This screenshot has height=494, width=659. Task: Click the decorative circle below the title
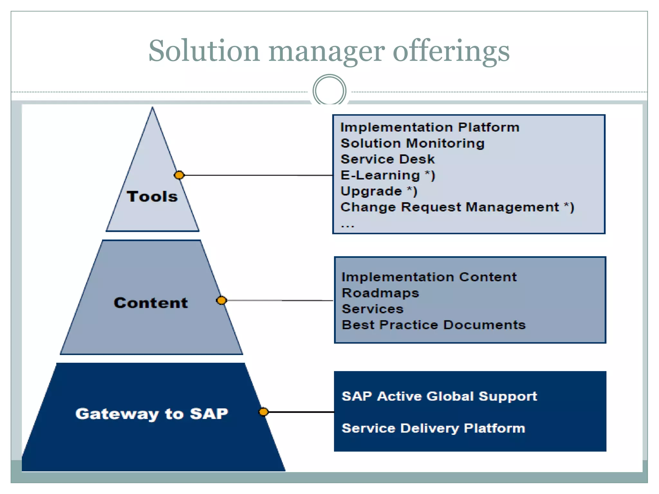(x=329, y=90)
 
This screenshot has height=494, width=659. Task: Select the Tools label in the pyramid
(x=152, y=196)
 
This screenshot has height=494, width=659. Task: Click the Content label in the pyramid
(x=151, y=303)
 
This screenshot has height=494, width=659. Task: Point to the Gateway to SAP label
(x=152, y=414)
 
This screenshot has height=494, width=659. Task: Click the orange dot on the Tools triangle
(x=179, y=175)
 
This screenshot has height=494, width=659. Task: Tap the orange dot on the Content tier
(x=221, y=300)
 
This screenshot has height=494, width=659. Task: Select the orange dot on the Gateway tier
(x=264, y=412)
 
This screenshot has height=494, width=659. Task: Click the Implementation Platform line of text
(x=430, y=127)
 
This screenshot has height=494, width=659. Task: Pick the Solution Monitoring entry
(x=412, y=143)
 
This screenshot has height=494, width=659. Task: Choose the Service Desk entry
(x=387, y=159)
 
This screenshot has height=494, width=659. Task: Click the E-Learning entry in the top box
(x=387, y=175)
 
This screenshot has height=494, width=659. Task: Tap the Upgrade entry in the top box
(x=379, y=191)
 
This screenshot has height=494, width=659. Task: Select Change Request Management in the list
(x=457, y=207)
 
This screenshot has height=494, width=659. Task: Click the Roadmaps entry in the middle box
(x=380, y=293)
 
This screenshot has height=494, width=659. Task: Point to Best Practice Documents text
(x=433, y=325)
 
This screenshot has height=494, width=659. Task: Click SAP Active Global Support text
(x=439, y=396)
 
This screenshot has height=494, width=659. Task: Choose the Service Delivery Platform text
(x=433, y=428)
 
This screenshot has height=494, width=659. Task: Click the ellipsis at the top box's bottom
(x=348, y=226)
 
